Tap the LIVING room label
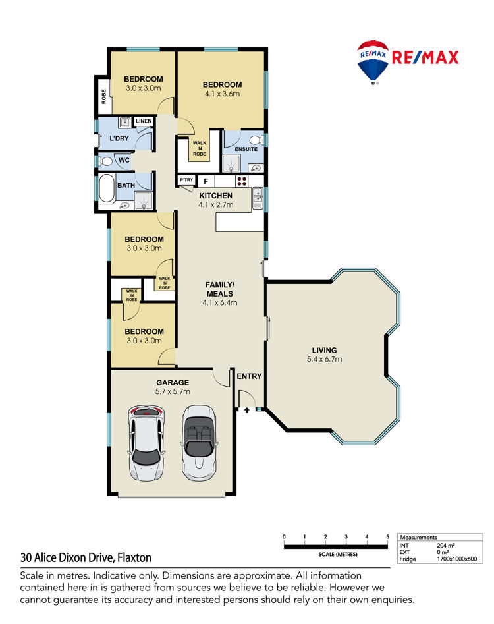coord(324,350)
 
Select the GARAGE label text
coord(173,382)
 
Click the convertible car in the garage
coord(198,443)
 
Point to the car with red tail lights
coord(146,443)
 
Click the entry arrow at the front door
coord(246,410)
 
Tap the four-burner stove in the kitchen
coord(242,181)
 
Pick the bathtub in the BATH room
coord(107,188)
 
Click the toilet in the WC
coord(105,161)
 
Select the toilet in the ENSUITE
coord(256,140)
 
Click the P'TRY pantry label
coord(186,180)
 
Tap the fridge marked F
coord(206,181)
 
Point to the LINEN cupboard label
coord(144,121)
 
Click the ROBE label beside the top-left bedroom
coord(104,96)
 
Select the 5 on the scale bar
coord(387,536)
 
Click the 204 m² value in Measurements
coord(446,546)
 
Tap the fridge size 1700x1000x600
coord(457,559)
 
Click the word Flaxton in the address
coord(134,557)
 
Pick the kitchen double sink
coord(258,198)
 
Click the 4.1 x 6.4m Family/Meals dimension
coord(220,302)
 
